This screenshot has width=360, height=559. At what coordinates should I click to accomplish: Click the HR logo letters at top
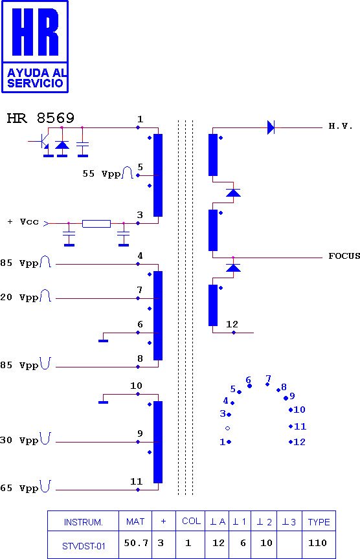(36, 32)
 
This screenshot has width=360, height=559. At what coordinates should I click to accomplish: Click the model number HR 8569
(41, 118)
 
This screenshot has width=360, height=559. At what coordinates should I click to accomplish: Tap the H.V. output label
(341, 126)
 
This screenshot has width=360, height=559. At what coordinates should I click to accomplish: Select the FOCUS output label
(344, 256)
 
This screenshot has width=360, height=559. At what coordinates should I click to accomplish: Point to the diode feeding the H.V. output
(271, 127)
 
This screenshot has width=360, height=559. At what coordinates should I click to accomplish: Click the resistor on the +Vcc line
(96, 223)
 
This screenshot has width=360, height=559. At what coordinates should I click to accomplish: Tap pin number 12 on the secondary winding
(232, 324)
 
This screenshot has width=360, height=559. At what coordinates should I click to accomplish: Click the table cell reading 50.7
(135, 543)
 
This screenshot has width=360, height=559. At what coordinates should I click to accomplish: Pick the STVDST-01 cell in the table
(84, 546)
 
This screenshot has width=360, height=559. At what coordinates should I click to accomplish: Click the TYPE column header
(319, 522)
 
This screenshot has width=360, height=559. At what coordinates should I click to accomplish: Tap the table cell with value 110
(317, 543)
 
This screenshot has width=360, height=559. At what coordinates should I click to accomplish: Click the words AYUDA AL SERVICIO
(36, 78)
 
